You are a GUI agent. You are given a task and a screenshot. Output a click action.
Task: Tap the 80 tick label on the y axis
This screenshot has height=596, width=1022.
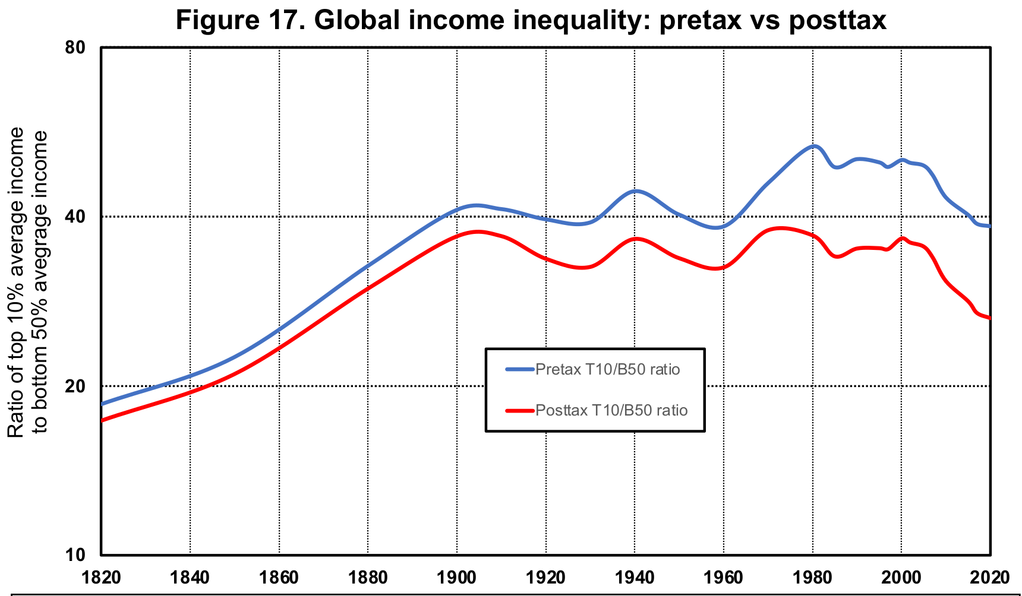click(76, 47)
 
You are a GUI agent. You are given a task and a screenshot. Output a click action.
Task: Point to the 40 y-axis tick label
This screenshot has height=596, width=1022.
click(76, 217)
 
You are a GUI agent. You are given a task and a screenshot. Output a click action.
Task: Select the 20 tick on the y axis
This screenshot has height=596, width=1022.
click(76, 386)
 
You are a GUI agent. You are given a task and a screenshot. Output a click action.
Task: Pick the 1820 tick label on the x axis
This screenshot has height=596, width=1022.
click(102, 578)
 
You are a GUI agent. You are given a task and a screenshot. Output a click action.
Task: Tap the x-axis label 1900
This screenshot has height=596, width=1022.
click(457, 578)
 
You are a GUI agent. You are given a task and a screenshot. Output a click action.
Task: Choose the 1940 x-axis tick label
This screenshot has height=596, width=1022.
click(635, 578)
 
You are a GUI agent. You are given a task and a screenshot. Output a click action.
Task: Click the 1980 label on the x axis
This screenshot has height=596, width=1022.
click(812, 578)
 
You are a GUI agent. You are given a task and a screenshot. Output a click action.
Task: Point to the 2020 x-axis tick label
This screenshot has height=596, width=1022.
click(989, 578)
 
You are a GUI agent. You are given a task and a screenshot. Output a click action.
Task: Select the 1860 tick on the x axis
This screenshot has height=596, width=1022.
click(279, 578)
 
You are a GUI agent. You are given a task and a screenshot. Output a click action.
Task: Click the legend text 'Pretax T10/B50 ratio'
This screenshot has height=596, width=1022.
click(607, 369)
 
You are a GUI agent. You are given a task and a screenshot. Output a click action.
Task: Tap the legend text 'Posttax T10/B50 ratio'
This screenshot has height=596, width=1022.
click(611, 410)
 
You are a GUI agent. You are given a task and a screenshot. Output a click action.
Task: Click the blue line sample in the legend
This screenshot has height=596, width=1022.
click(520, 369)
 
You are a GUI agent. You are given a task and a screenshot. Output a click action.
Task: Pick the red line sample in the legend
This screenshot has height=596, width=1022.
click(520, 410)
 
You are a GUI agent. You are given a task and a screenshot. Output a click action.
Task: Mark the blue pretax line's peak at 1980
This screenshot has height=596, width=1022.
click(813, 146)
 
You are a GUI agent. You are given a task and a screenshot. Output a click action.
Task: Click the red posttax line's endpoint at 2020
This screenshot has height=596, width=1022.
click(989, 318)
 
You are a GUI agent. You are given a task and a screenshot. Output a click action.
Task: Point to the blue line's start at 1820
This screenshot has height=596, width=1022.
click(103, 404)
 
